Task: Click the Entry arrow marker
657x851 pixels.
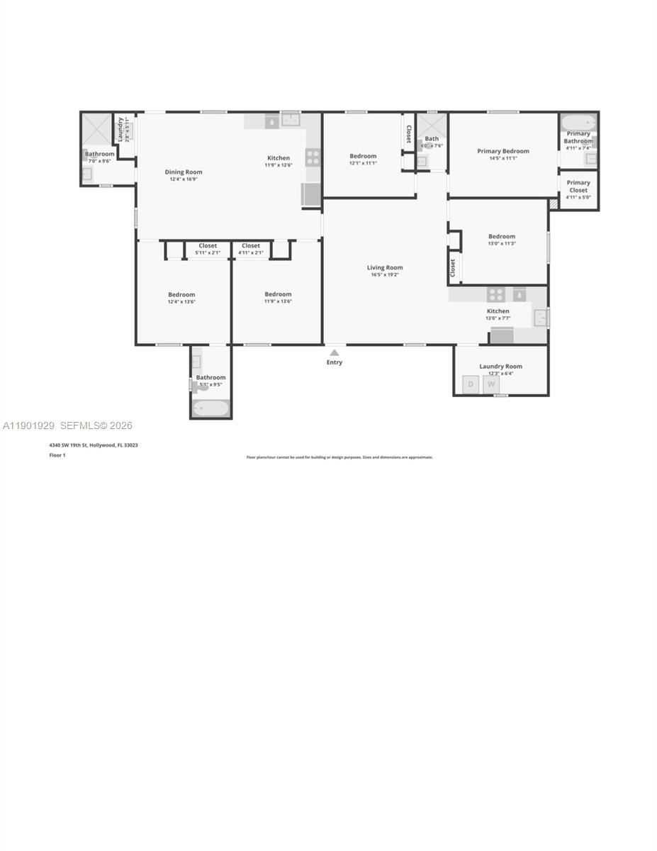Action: tap(335, 352)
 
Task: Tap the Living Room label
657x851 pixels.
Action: tap(385, 267)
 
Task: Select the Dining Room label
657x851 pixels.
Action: tap(184, 172)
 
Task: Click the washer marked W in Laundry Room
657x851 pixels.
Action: tap(491, 384)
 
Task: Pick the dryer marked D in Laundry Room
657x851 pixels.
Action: tap(471, 384)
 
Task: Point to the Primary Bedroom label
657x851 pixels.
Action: tap(503, 151)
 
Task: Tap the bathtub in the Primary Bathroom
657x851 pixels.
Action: tap(578, 123)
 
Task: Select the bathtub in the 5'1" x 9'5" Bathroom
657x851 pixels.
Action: tap(210, 408)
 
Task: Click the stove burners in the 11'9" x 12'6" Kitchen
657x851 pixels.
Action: tap(313, 157)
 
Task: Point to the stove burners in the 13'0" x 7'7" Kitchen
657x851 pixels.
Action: tap(495, 294)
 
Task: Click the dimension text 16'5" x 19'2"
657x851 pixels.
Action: tap(385, 274)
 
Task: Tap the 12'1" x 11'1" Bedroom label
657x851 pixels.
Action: tap(363, 156)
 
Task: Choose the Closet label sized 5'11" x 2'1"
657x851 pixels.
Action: tap(208, 245)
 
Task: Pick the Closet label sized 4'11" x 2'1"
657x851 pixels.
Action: tap(251, 245)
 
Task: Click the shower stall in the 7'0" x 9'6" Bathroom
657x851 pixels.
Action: tap(96, 130)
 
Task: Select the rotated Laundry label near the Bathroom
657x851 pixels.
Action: tap(121, 129)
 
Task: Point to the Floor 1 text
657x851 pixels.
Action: tap(57, 455)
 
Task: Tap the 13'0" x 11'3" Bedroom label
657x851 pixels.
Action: tap(501, 236)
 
